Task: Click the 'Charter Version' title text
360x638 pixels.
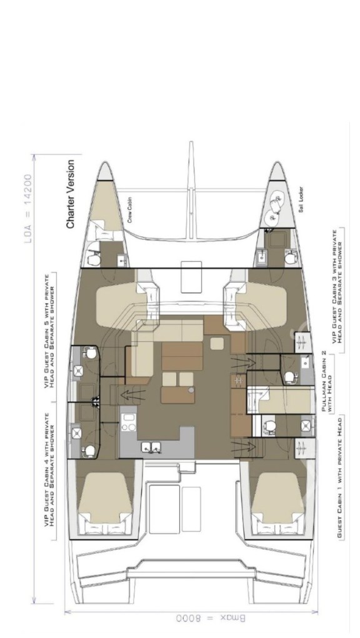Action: (x=71, y=194)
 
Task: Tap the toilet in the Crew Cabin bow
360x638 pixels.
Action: (x=94, y=258)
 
